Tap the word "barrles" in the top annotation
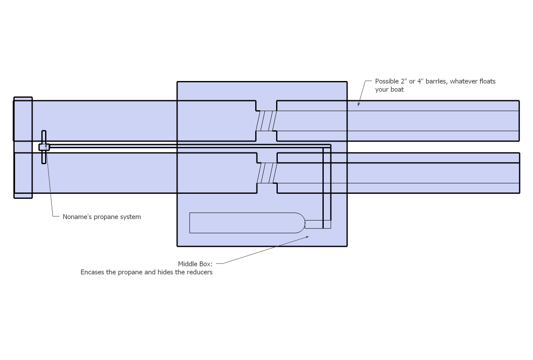click(x=436, y=81)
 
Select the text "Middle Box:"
click(x=195, y=264)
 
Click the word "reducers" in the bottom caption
click(x=200, y=272)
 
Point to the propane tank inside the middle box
click(x=242, y=223)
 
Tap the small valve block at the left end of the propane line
click(x=44, y=147)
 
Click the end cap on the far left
click(x=23, y=147)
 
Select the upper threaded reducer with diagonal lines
click(x=266, y=121)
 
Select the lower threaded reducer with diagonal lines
click(x=266, y=173)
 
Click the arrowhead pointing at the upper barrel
click(x=358, y=104)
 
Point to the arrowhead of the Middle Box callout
click(x=307, y=237)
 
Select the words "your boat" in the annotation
click(x=389, y=89)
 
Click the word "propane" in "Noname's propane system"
click(x=107, y=217)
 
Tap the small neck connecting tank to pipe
click(x=314, y=224)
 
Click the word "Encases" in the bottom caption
click(x=92, y=272)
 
